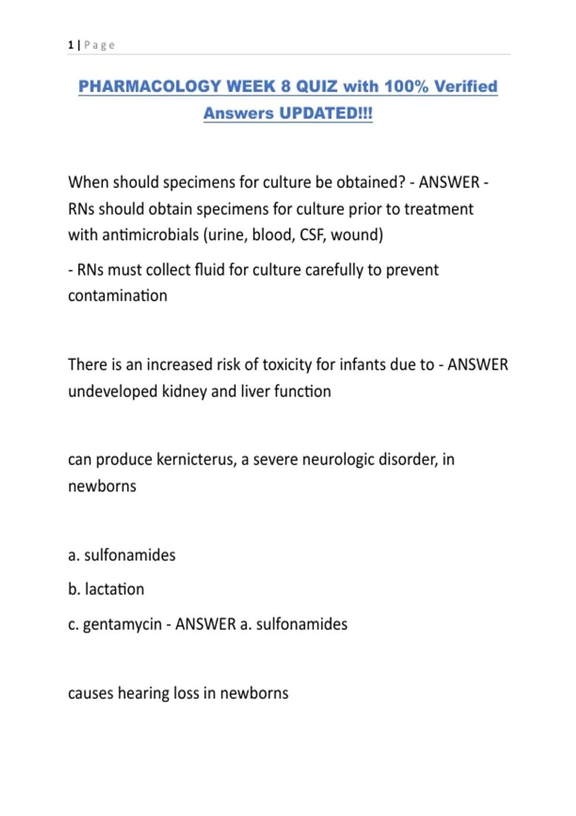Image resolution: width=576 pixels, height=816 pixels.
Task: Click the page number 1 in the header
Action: click(x=71, y=45)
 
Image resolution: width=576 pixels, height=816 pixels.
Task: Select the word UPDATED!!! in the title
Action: click(x=326, y=113)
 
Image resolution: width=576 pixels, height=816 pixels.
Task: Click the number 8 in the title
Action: click(x=286, y=86)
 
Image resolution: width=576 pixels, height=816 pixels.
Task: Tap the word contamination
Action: click(x=118, y=296)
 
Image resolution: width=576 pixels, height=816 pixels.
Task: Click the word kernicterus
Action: click(x=196, y=460)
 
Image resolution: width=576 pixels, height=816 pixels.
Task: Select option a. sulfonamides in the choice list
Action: click(x=122, y=555)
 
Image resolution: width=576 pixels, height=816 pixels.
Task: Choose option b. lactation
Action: click(x=106, y=589)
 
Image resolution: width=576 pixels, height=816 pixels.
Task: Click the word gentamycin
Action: click(x=122, y=624)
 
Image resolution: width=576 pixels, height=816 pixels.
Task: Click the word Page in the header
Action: click(x=99, y=45)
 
